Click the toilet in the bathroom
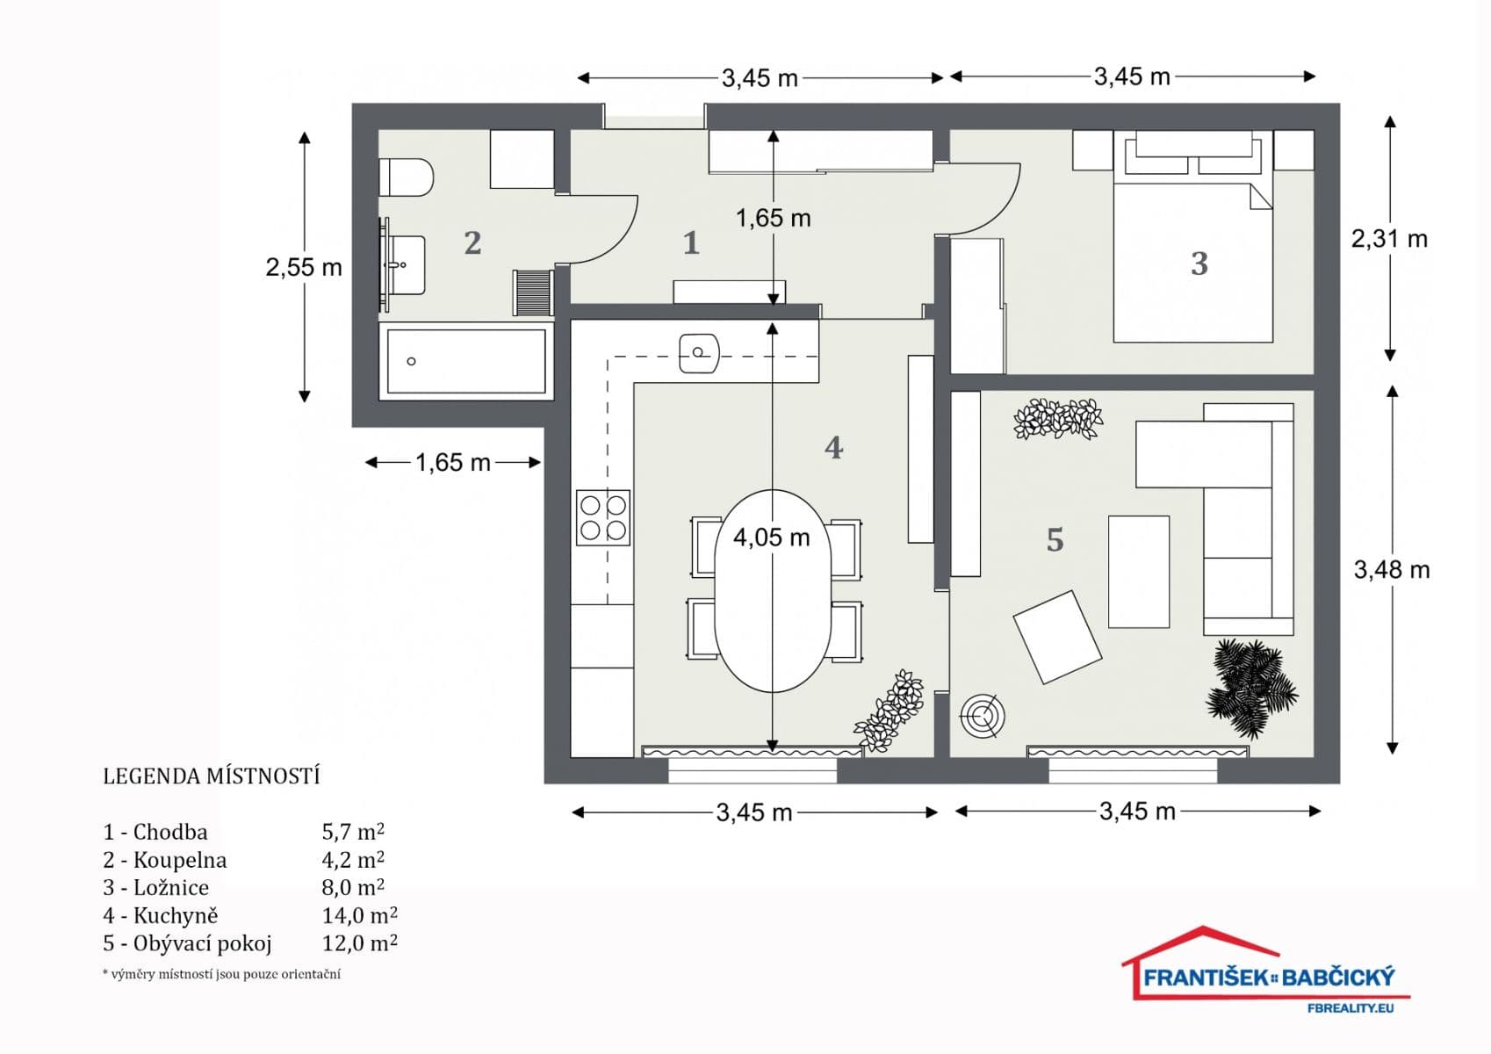click(x=407, y=178)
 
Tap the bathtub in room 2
click(x=466, y=361)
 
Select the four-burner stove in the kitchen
click(x=603, y=517)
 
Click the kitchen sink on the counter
click(x=699, y=353)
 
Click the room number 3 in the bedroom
click(x=1199, y=263)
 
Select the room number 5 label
click(x=1055, y=539)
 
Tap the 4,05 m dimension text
click(x=771, y=538)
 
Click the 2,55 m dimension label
click(x=304, y=268)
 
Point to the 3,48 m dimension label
click(x=1391, y=570)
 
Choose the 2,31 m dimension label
click(x=1388, y=239)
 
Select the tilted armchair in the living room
click(x=1057, y=638)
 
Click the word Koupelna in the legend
click(x=179, y=860)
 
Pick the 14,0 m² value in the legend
click(x=359, y=915)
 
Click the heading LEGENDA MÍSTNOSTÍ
click(x=212, y=776)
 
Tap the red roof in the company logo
click(x=1203, y=943)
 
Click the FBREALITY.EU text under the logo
click(x=1350, y=1008)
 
